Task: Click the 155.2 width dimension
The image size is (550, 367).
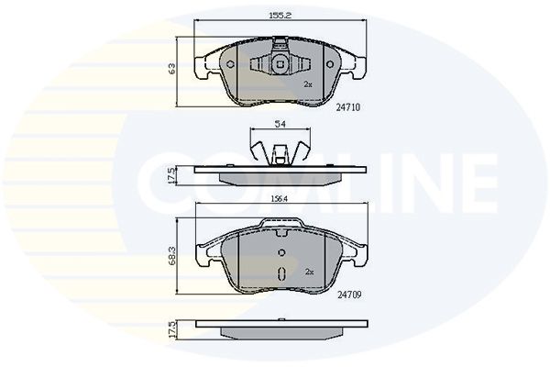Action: (x=280, y=15)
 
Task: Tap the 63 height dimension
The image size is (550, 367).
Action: (x=172, y=69)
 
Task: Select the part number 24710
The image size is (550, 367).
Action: (x=348, y=107)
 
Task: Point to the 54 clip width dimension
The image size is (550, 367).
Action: (x=280, y=124)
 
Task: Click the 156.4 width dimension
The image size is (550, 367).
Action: (x=280, y=199)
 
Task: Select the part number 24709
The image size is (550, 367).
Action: (x=349, y=295)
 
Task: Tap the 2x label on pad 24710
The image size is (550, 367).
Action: (x=308, y=84)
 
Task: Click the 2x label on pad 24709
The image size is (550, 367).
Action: (x=309, y=272)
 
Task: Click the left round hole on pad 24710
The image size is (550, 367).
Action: (x=230, y=64)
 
